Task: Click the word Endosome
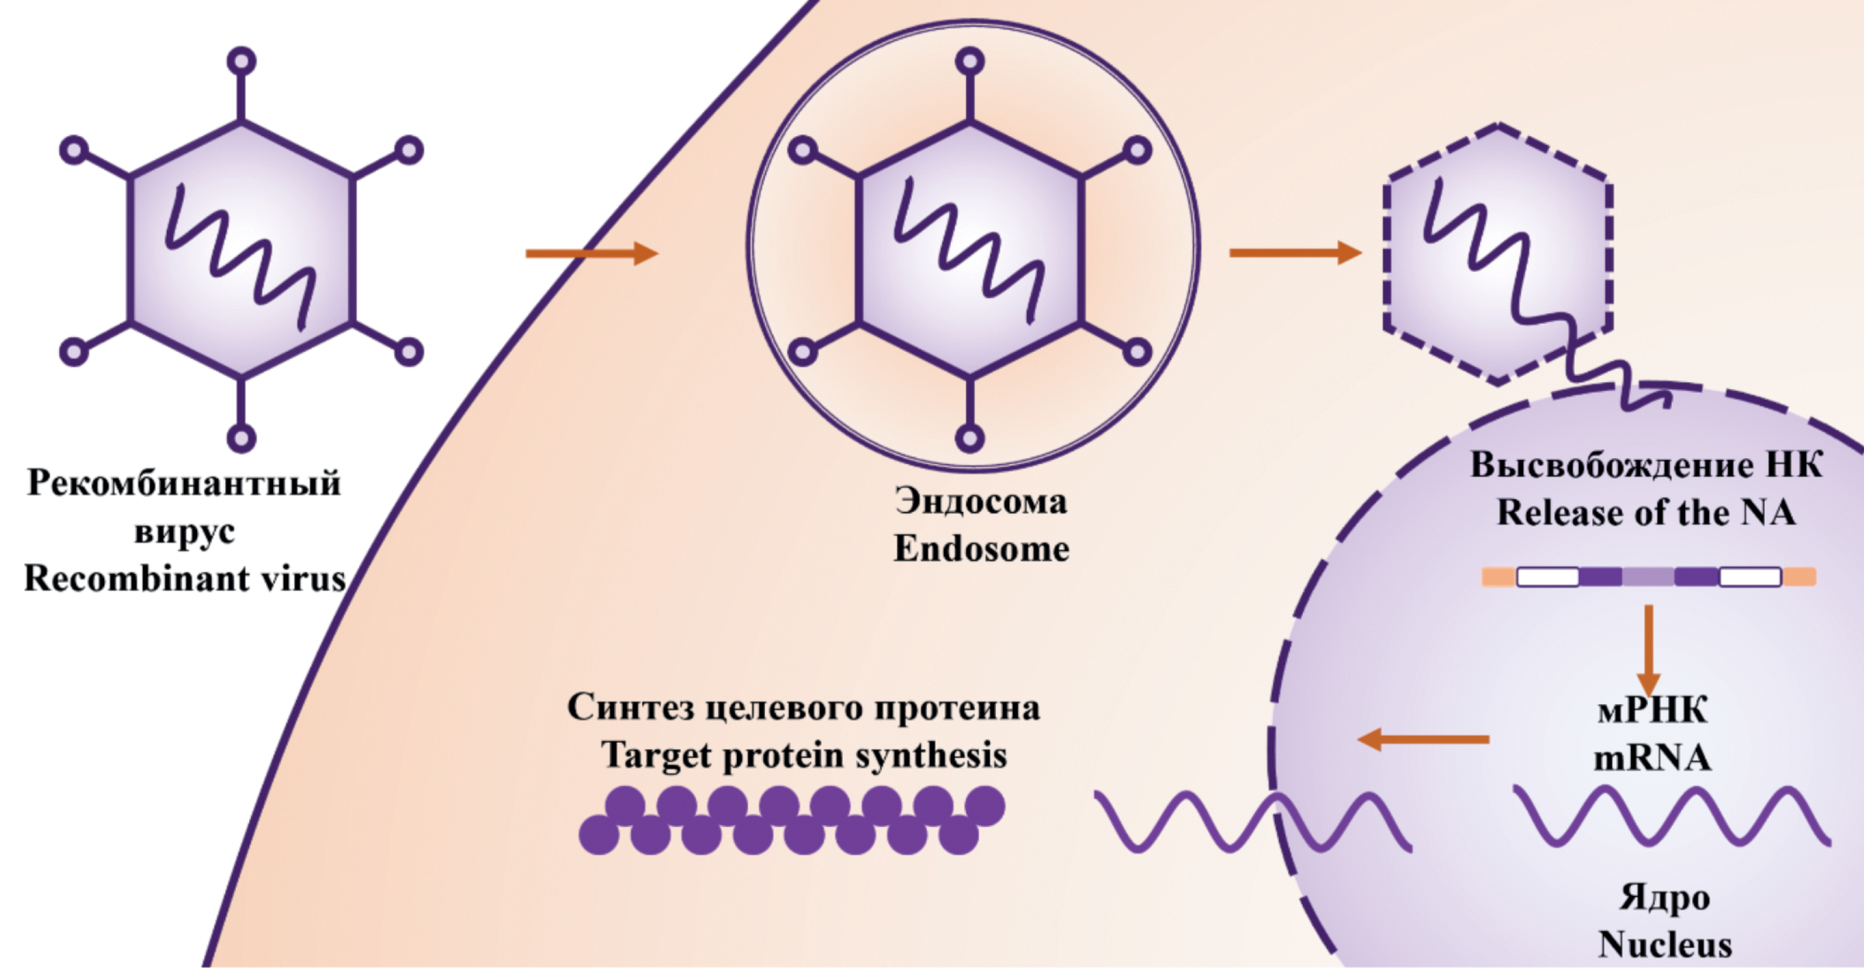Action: (981, 549)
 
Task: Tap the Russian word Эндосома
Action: (981, 501)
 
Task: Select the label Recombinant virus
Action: (185, 579)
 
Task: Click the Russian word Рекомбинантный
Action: (185, 483)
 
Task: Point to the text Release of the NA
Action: (1646, 513)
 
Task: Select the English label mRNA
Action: (1652, 758)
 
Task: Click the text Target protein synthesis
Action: (804, 756)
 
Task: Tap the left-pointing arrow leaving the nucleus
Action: (1423, 739)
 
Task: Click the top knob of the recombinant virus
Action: (241, 61)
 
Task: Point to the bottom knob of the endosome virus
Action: (970, 438)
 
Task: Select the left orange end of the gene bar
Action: (1498, 577)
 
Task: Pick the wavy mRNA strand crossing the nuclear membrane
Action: (1252, 820)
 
